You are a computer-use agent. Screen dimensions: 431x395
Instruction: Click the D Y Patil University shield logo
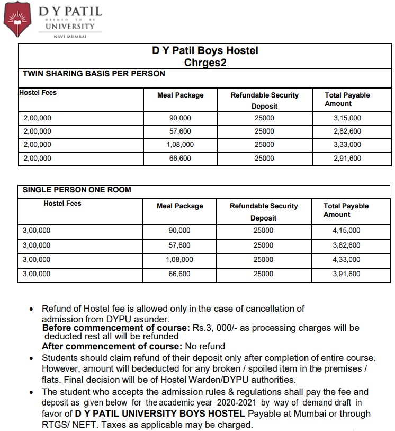[17, 19]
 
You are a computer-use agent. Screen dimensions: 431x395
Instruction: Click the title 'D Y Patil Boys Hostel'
[205, 51]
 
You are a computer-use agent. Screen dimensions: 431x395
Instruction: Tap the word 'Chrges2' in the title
[205, 63]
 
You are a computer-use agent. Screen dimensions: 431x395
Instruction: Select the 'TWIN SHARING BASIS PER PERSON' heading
[94, 74]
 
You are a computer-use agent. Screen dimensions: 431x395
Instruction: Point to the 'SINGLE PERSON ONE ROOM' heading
[77, 190]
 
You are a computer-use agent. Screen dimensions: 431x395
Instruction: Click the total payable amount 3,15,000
[347, 118]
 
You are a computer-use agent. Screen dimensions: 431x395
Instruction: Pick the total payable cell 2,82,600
[347, 131]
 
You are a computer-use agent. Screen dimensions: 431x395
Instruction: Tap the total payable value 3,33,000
[347, 145]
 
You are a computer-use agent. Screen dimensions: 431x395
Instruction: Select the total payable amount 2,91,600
[347, 158]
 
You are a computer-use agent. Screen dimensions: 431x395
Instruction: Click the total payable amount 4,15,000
[346, 231]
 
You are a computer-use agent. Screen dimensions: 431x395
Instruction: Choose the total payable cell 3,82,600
[346, 245]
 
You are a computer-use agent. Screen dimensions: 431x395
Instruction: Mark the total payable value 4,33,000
[346, 260]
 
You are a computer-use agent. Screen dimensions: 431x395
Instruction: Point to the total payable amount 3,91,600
[346, 274]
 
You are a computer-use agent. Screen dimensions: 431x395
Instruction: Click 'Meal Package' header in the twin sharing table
[181, 95]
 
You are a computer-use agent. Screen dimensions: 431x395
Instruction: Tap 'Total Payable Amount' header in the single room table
[346, 210]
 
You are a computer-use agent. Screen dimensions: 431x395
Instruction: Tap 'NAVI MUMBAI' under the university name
[70, 37]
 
